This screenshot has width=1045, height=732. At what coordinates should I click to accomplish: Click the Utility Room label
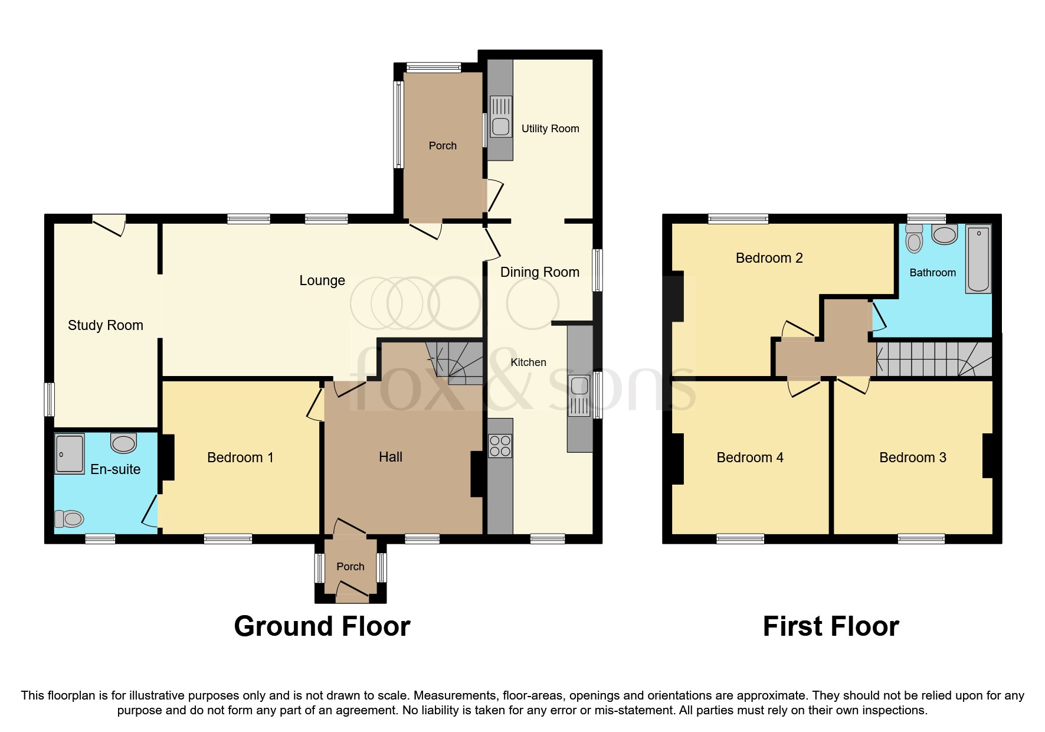[550, 129]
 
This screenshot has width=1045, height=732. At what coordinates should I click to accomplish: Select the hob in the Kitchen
[500, 445]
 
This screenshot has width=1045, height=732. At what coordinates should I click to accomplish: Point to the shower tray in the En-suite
[70, 453]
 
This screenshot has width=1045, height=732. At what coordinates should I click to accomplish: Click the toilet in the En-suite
[69, 519]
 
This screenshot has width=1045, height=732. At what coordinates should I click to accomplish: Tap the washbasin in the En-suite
[124, 442]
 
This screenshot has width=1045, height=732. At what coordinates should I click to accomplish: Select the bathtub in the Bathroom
[978, 259]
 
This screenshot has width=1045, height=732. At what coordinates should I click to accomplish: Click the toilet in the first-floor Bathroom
[914, 240]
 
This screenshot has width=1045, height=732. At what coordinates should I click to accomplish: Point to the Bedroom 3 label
[912, 457]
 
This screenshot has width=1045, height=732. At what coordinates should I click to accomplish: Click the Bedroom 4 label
[749, 457]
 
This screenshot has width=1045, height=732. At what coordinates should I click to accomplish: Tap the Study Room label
[106, 325]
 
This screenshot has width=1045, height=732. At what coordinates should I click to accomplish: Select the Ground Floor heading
[322, 626]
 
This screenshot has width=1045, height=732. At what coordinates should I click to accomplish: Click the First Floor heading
[830, 626]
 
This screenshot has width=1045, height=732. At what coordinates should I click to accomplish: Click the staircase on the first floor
[932, 359]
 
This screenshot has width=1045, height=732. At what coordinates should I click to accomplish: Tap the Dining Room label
[539, 272]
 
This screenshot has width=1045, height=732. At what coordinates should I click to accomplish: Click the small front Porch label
[350, 567]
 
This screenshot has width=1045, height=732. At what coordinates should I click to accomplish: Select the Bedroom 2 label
[769, 258]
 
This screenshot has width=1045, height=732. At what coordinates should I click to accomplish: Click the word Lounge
[322, 280]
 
